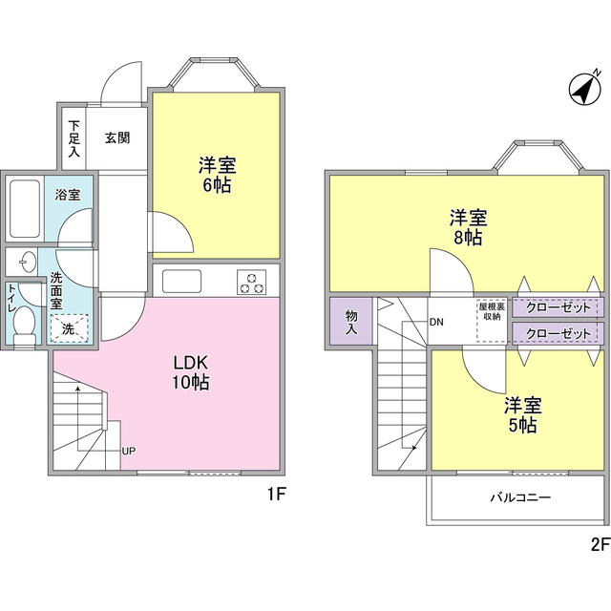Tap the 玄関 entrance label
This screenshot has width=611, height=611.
[117, 137]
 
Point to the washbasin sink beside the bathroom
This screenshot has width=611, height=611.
[24, 261]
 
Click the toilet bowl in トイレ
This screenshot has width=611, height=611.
[24, 324]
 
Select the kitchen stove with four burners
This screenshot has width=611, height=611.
[253, 282]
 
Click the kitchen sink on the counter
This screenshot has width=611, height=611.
[181, 282]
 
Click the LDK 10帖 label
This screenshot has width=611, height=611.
[191, 372]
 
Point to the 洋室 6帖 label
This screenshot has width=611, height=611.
[215, 173]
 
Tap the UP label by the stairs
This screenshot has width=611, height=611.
[128, 451]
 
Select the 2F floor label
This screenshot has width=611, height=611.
[600, 544]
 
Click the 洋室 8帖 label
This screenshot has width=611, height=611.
[468, 227]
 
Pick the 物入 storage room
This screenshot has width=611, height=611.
[350, 322]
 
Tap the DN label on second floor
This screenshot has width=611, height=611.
[436, 322]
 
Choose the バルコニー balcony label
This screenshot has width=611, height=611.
[520, 497]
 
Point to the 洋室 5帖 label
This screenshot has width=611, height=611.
[521, 414]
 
